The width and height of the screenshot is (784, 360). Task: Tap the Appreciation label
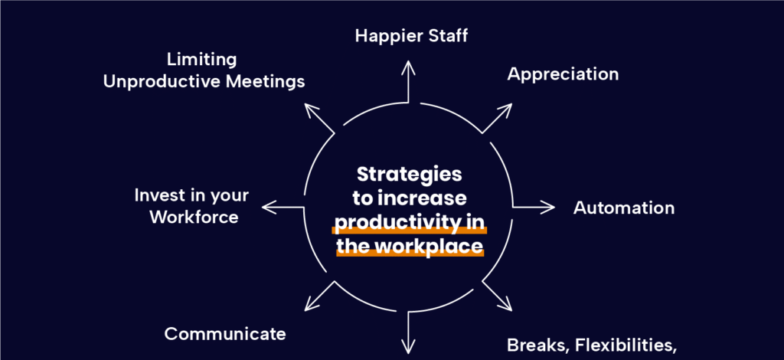point(563,74)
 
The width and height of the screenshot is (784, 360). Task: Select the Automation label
point(624,208)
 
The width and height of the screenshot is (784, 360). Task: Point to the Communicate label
point(225,334)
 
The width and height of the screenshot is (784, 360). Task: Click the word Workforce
point(194,217)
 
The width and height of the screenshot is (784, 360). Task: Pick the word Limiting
point(202,59)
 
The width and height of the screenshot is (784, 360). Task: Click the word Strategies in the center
point(410,175)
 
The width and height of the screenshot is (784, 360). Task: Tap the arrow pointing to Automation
point(533,207)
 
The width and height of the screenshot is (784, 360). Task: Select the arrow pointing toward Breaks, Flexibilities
point(498,296)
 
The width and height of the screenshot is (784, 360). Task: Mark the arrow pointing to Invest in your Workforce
point(283,206)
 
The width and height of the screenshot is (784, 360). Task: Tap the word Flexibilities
point(625,345)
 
